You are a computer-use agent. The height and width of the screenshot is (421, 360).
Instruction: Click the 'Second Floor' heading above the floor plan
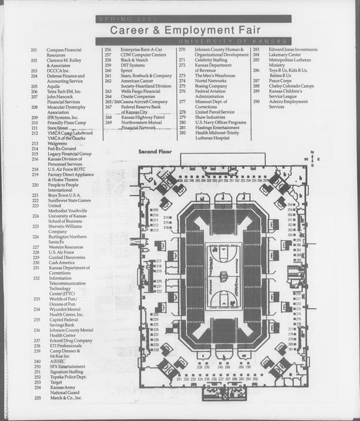(155, 151)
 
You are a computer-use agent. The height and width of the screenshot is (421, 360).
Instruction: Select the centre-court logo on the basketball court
(223, 277)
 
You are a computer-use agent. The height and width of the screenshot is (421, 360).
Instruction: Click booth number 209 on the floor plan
(156, 210)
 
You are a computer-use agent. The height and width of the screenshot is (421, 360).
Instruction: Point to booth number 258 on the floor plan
(290, 205)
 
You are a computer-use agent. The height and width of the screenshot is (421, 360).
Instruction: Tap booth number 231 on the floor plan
(179, 379)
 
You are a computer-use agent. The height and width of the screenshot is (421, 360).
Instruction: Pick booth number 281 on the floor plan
(290, 349)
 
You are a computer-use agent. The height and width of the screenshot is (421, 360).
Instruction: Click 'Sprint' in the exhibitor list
(127, 71)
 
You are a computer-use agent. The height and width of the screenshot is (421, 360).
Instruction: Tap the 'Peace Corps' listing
(280, 80)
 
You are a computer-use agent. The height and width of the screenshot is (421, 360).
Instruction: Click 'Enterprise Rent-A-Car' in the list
(142, 49)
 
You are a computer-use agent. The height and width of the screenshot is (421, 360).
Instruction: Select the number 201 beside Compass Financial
(34, 50)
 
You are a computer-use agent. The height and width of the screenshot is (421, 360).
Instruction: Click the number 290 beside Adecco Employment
(256, 101)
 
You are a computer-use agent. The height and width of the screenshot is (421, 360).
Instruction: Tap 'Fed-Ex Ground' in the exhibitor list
(62, 149)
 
